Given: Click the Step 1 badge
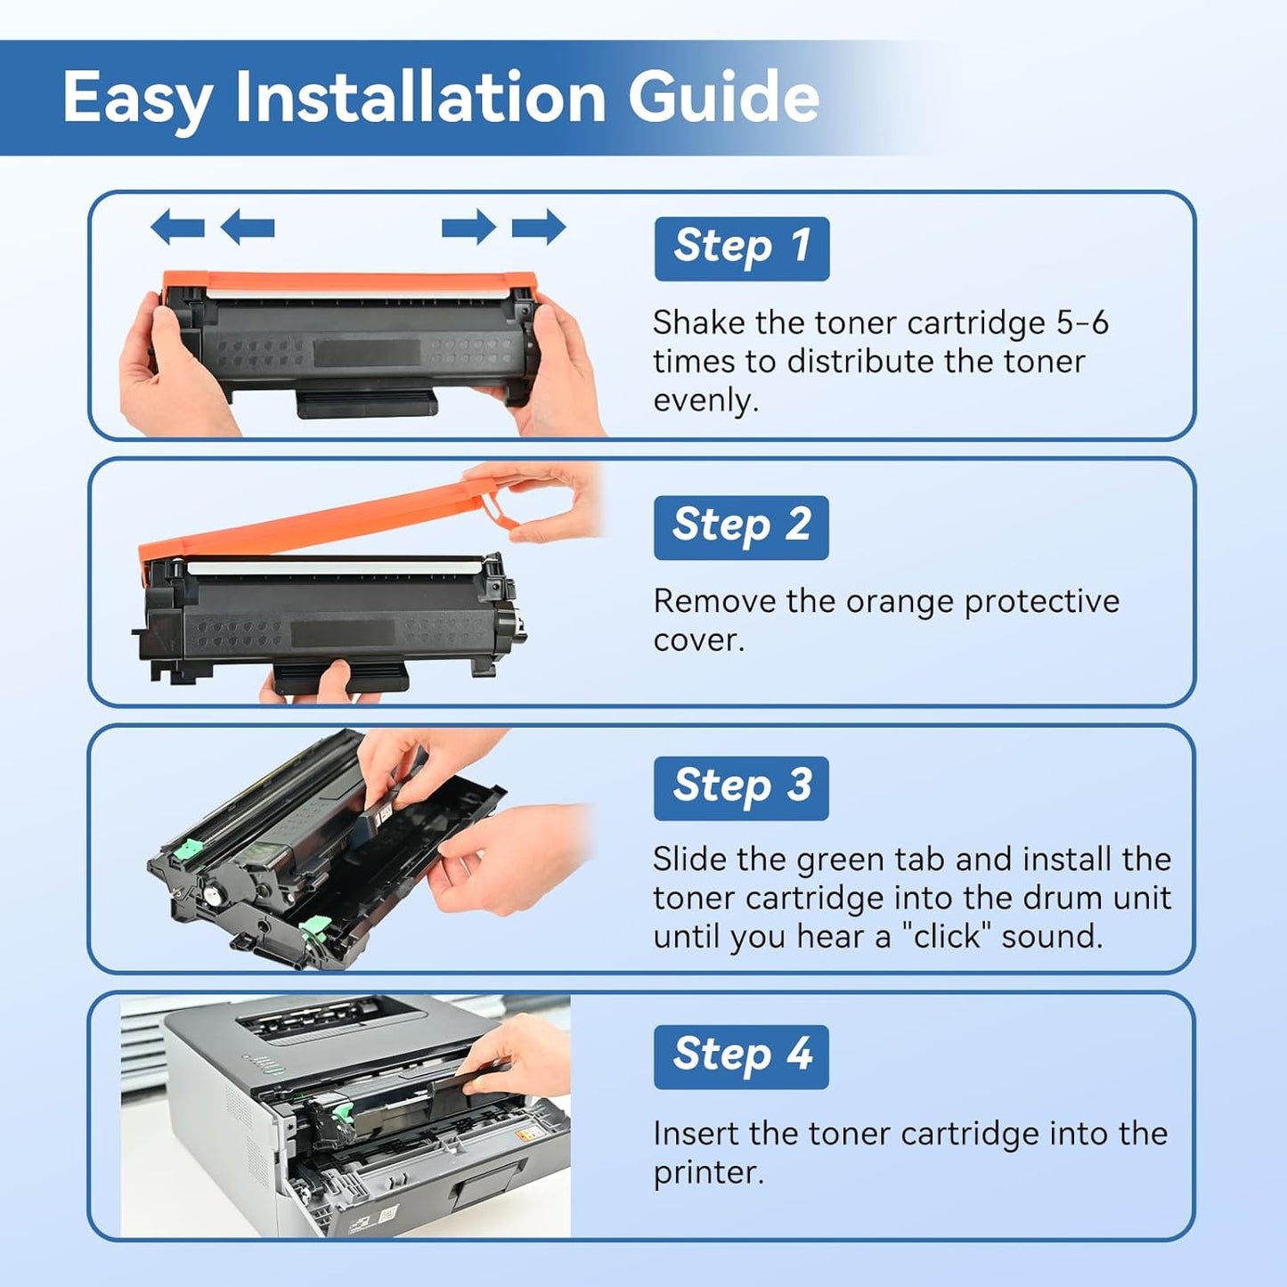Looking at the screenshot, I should pos(741,248).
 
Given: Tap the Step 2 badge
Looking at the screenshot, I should pos(741,527).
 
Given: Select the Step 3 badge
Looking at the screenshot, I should pos(741,787).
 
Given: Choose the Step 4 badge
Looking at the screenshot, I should pos(741,1056).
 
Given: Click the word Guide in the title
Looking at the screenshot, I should pos(723,97).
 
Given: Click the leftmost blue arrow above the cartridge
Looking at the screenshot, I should pos(177,228).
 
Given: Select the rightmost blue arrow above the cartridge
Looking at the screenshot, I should pos(539,228).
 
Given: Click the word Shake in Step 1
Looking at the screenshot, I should pos(698,322).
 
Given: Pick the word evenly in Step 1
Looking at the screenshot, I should pos(705,401).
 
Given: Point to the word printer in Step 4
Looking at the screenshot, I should pos(708,1173).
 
